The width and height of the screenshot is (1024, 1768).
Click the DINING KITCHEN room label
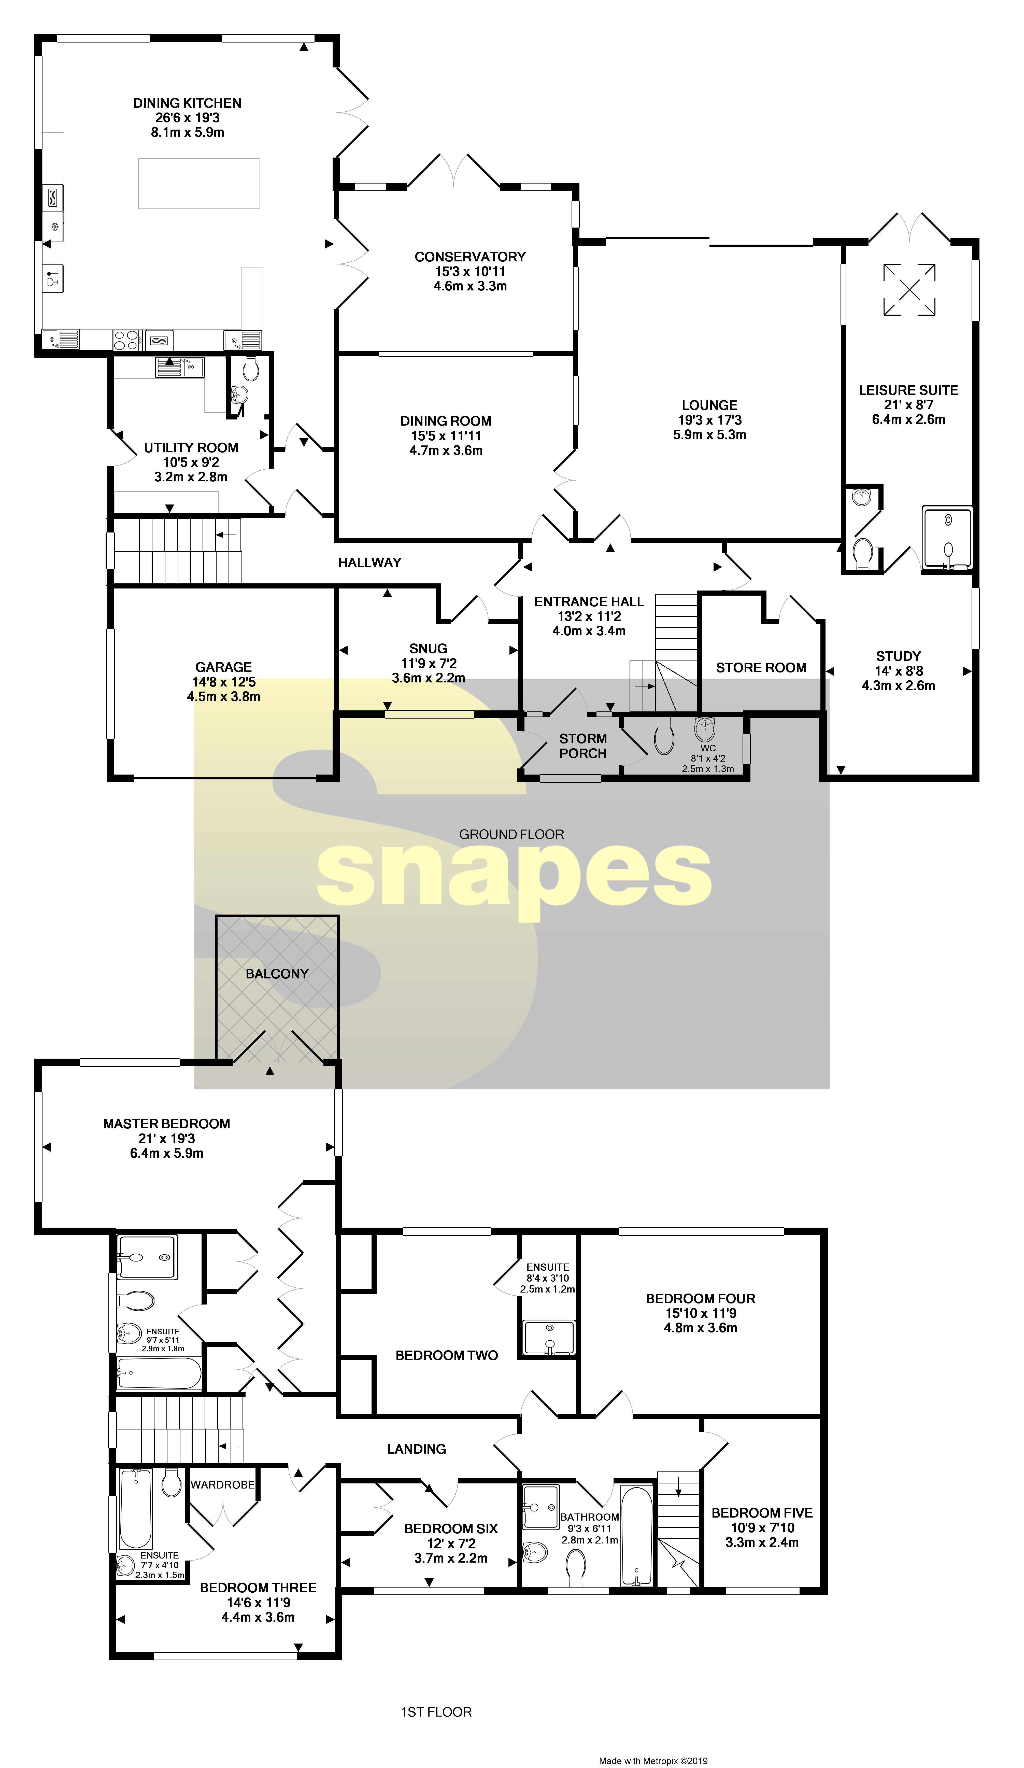(187, 103)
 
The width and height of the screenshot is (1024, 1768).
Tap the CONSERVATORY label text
(470, 257)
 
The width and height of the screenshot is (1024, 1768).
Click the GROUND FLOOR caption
(511, 834)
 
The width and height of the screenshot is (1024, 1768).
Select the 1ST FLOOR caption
(436, 1712)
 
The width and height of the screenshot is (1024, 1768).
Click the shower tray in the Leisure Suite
(948, 537)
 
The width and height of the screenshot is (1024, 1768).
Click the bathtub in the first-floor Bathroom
(636, 1535)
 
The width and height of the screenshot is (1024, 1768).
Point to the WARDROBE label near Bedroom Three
(222, 1484)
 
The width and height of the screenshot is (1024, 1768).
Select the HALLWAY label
(369, 562)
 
